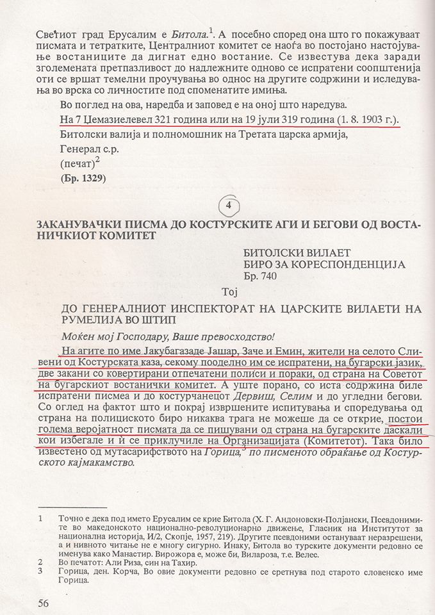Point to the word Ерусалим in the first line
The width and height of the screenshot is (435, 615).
[x=134, y=29]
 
